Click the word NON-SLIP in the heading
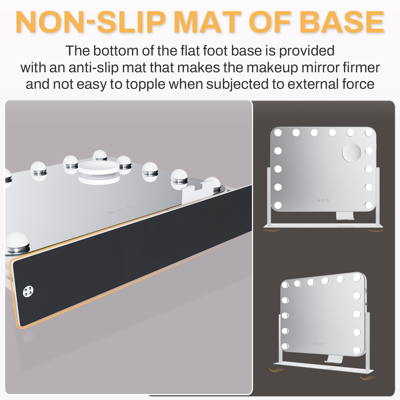click(91, 22)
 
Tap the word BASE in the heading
click(342, 22)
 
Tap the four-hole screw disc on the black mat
click(28, 291)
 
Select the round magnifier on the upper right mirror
click(352, 153)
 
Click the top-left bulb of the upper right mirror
click(278, 133)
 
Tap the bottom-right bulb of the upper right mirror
click(369, 205)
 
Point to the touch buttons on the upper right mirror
click(323, 200)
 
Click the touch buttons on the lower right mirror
click(318, 344)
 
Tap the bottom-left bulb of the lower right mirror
click(285, 346)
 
